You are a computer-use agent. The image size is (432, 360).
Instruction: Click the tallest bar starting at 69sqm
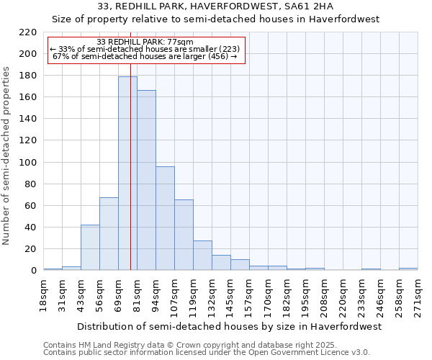point(127,174)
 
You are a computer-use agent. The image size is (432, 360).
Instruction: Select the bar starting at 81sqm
point(146,180)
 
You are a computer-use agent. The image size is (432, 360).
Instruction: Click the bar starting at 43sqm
point(90,248)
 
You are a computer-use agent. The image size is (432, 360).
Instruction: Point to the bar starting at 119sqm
point(202,256)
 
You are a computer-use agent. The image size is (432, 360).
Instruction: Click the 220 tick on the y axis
point(28,32)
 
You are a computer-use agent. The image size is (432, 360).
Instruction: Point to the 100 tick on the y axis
point(28,163)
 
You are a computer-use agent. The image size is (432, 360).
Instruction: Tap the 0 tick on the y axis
point(34,271)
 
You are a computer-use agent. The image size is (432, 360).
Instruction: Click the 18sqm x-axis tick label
point(43,296)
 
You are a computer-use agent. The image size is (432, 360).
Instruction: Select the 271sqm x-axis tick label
point(418,296)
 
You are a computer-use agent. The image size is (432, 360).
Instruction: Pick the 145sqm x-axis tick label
point(230,296)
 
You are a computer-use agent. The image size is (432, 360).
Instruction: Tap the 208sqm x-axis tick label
point(324,296)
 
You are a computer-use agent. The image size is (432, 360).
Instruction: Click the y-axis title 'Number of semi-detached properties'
point(7,156)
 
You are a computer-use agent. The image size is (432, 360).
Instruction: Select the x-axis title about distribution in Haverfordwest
point(229,326)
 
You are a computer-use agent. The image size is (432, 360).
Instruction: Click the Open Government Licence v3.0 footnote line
point(207,352)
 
